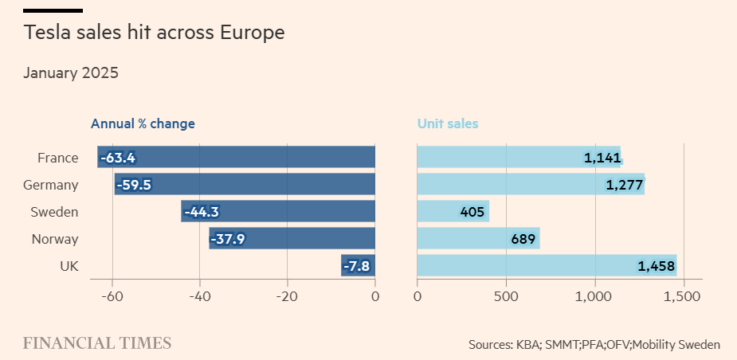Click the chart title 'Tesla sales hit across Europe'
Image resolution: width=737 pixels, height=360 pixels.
tap(154, 33)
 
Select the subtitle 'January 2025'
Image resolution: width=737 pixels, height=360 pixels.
tap(71, 73)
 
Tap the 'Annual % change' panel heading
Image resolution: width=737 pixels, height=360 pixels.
tap(143, 123)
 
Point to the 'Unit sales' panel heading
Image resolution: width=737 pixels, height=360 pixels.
tap(448, 123)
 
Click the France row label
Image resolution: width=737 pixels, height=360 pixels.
tap(58, 158)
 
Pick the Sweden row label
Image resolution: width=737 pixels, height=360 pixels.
tap(54, 212)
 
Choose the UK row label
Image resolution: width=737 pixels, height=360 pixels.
tap(68, 266)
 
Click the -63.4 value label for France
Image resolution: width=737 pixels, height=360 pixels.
tap(117, 158)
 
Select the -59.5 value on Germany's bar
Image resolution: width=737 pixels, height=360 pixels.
tap(134, 185)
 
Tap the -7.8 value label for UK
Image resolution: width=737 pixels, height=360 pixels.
tap(356, 266)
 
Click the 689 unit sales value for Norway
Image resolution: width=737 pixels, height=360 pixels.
tap(523, 239)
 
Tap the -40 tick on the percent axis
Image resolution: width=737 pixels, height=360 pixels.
tap(199, 297)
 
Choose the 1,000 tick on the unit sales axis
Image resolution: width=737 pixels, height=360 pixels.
tap(595, 297)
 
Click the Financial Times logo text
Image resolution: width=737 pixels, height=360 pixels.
tap(96, 344)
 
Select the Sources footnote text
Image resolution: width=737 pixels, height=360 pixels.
tap(594, 345)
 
